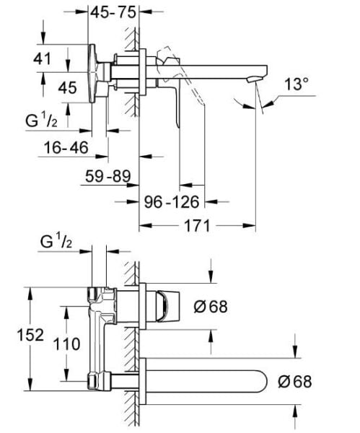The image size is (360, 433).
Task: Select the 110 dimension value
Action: [67, 344]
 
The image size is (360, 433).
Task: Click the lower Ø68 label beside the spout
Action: [294, 381]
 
